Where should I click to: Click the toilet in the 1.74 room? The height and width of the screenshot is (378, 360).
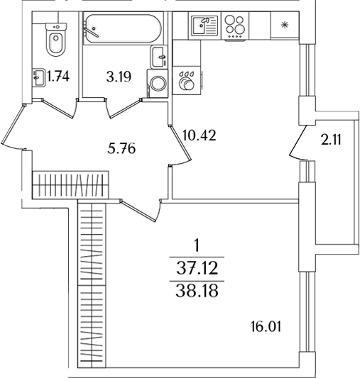pos(54,40)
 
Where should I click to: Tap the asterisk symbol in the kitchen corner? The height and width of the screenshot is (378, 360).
pos(285,27)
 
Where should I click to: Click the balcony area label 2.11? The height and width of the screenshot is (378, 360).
pos(331,140)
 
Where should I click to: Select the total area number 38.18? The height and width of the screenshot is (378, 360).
pos(197,291)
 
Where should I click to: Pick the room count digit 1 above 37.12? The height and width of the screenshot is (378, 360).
pos(197,246)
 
